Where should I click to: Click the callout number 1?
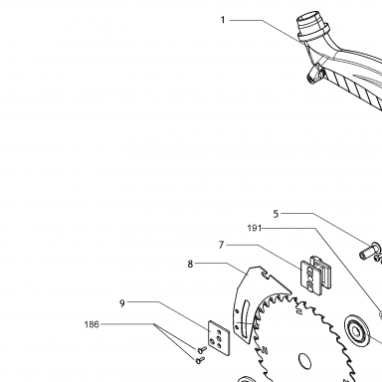click(x=223, y=20)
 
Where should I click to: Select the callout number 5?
click(x=276, y=214)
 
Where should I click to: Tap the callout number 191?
click(x=255, y=228)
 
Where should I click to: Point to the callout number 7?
click(x=222, y=245)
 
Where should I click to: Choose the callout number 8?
click(x=190, y=265)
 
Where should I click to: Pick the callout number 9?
click(x=122, y=303)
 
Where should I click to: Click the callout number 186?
click(x=92, y=324)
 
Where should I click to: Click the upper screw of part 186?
click(x=202, y=349)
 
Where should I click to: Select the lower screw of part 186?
click(x=200, y=360)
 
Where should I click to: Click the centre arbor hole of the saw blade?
click(x=304, y=361)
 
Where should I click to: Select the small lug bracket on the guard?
click(x=314, y=74)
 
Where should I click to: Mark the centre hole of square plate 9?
click(x=218, y=338)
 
